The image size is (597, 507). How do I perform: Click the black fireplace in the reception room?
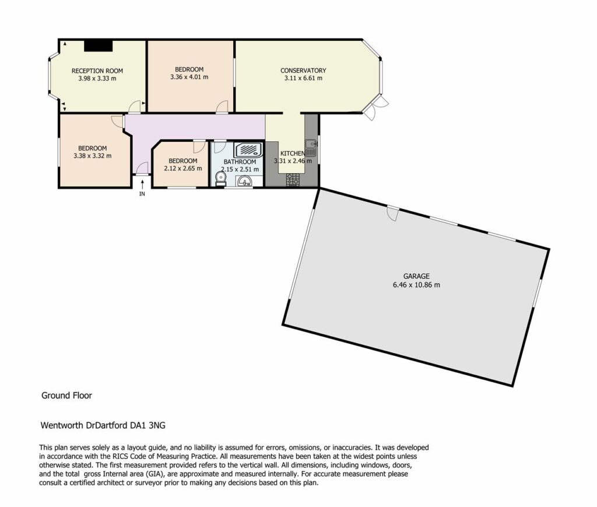(x=98, y=46)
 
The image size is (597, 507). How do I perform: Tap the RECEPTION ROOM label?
(x=97, y=71)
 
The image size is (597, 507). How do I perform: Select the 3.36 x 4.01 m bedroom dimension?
(x=189, y=77)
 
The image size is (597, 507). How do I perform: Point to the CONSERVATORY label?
(x=303, y=71)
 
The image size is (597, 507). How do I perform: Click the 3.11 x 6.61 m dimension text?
(x=303, y=78)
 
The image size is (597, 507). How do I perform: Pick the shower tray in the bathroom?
(x=248, y=150)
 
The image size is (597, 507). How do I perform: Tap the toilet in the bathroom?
(x=220, y=179)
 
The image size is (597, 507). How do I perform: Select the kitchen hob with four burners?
(x=293, y=180)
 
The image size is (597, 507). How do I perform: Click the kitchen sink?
(x=311, y=148)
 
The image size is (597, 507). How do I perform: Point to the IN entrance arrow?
(x=142, y=184)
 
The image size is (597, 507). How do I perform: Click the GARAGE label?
(x=416, y=276)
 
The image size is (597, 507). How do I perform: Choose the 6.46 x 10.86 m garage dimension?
(x=416, y=285)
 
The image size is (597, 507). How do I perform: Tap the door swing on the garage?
(x=393, y=214)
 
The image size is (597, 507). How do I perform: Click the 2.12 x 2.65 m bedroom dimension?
(x=182, y=169)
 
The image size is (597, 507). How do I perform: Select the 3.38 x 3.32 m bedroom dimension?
(x=93, y=156)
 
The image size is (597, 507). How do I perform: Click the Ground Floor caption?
(x=66, y=396)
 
